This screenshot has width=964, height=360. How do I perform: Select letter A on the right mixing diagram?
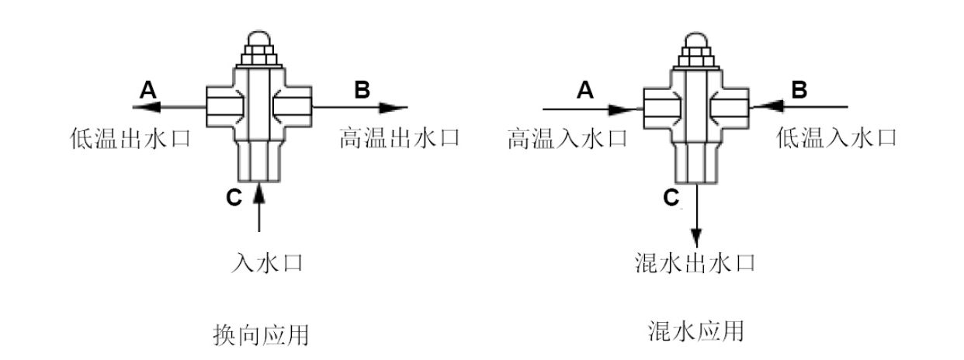coord(586,91)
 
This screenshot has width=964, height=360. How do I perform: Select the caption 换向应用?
coord(261,335)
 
